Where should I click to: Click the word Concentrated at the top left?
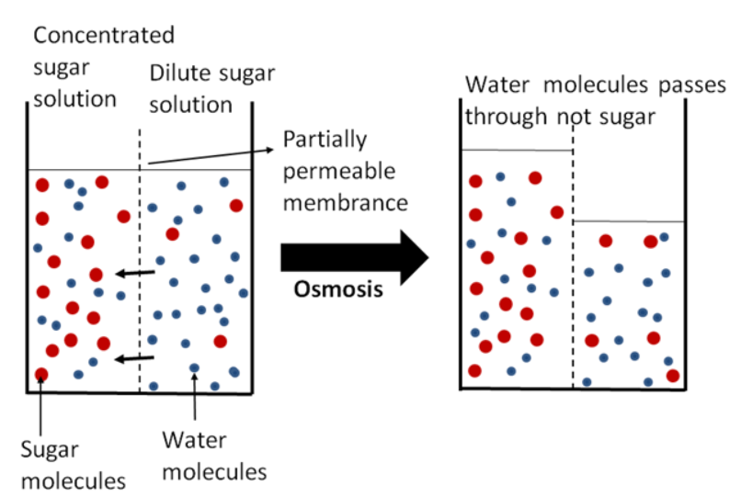103,36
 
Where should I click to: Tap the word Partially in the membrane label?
325,140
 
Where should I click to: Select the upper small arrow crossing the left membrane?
135,273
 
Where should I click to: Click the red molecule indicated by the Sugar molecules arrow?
40,374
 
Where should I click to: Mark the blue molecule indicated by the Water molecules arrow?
194,368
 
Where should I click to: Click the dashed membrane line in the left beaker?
140,276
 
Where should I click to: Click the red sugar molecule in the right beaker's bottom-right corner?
673,375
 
